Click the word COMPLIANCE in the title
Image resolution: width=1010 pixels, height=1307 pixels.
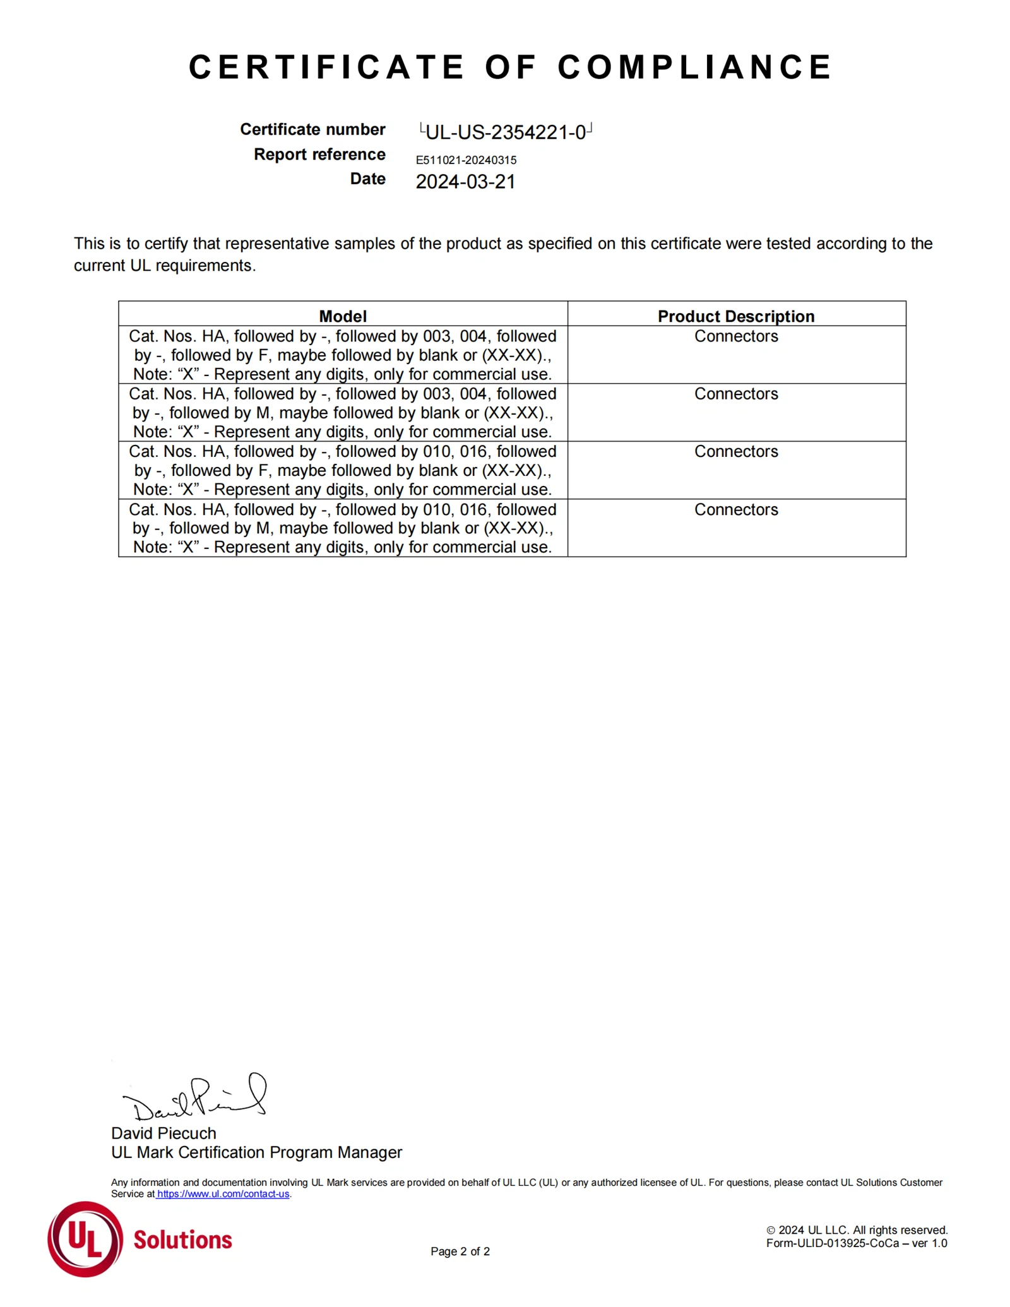694,67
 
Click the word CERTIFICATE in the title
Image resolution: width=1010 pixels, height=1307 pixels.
326,67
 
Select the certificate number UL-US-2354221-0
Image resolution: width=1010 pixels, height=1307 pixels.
506,132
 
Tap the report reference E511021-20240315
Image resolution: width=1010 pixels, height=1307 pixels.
466,160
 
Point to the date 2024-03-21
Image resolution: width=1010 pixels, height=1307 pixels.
465,182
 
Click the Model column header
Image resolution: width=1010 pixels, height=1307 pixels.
342,316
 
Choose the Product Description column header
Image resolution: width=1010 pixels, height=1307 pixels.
735,316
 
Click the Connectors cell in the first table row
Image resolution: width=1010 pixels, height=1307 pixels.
736,336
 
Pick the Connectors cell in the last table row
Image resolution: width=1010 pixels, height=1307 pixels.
736,509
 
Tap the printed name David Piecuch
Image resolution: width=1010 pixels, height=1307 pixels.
163,1133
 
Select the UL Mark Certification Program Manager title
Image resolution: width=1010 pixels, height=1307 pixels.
256,1152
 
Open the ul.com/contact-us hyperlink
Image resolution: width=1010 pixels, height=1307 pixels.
223,1194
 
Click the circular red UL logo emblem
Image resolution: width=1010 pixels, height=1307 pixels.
85,1239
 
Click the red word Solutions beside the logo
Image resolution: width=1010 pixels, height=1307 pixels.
182,1240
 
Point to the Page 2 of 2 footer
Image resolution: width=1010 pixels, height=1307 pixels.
460,1251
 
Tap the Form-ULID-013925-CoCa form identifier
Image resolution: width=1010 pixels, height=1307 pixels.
856,1243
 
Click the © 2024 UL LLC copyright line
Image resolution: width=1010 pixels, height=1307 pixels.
857,1230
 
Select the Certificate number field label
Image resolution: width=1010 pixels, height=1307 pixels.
312,129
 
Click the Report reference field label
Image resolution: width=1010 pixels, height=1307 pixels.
319,155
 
